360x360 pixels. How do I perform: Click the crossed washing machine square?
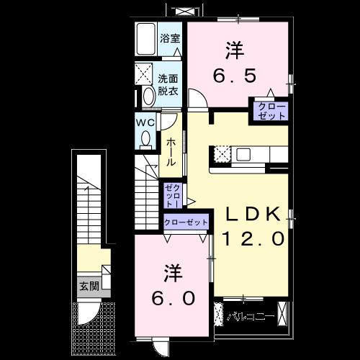coord(144,73)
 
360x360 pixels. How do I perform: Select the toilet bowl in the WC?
coord(147,138)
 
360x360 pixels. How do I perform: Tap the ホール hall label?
coord(171,152)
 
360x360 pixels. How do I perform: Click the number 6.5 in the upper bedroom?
coord(234,75)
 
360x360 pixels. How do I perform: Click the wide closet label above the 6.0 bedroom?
coord(185,222)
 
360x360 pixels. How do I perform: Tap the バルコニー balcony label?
coord(249,316)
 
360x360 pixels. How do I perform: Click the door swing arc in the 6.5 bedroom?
coord(197,97)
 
